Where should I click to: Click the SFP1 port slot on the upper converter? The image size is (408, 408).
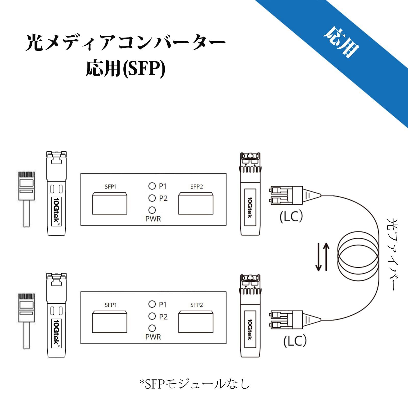coord(109,203)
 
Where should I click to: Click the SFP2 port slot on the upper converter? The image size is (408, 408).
coord(196,203)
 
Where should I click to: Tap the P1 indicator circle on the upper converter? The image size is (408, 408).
coord(152,186)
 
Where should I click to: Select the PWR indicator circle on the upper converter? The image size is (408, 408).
coord(152,210)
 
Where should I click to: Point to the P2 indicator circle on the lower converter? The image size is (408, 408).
coord(152,316)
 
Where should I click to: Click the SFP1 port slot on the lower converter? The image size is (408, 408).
coord(109,322)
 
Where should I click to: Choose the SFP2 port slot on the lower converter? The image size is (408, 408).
coord(196,322)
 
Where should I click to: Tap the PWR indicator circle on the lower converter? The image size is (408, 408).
coord(152,328)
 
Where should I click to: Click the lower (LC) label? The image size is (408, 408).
coord(295,341)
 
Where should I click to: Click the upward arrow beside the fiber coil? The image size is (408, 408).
coord(326,257)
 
